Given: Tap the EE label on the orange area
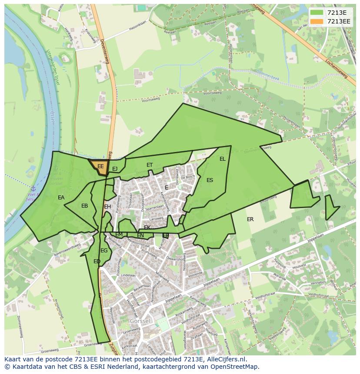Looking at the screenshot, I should pyautogui.click(x=100, y=166).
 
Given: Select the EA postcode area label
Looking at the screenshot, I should pyautogui.click(x=61, y=198).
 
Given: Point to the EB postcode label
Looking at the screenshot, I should pyautogui.click(x=84, y=206).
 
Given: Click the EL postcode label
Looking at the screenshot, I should pyautogui.click(x=223, y=159).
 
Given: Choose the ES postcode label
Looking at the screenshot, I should pyautogui.click(x=210, y=180).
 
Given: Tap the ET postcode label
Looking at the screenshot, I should pyautogui.click(x=150, y=165).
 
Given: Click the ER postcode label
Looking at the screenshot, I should pyautogui.click(x=250, y=219).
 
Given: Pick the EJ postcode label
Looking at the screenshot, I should pyautogui.click(x=115, y=169).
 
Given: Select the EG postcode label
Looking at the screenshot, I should pyautogui.click(x=104, y=251).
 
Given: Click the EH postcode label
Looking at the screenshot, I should pyautogui.click(x=107, y=207).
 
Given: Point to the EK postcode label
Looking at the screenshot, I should pyautogui.click(x=147, y=228).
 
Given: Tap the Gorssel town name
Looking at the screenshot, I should pyautogui.click(x=140, y=321).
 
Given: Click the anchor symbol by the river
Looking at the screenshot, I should pyautogui.click(x=33, y=189).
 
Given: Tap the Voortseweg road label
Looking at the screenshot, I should pyautogui.click(x=212, y=93).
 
